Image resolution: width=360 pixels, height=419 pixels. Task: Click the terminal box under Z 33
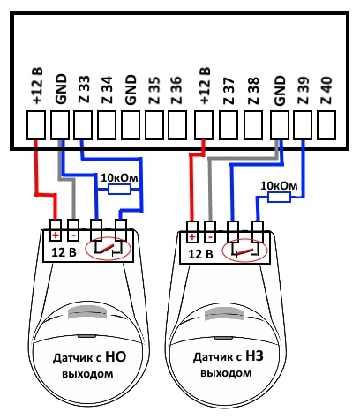[83, 124]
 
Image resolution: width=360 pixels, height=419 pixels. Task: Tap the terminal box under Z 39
[303, 124]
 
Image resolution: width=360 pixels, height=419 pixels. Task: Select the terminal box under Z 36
[177, 124]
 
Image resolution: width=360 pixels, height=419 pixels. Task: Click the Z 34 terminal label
[107, 90]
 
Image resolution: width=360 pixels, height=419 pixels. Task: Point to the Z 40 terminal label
[326, 90]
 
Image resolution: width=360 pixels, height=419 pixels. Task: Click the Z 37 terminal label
[229, 91]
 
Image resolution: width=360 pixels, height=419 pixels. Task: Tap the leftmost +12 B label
[37, 86]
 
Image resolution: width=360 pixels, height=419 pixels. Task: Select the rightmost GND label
[280, 91]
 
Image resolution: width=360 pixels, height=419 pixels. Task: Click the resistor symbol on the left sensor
[119, 190]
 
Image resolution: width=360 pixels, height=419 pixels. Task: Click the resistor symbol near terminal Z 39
[280, 198]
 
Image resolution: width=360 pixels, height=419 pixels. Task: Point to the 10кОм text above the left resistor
[119, 178]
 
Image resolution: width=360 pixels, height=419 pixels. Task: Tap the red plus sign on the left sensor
[56, 236]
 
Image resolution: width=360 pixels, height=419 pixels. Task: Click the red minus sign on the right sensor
[210, 237]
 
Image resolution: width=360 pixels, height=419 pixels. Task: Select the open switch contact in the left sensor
[108, 250]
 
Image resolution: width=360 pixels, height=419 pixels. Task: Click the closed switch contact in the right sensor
[245, 251]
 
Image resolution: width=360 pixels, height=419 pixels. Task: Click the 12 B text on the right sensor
[200, 254]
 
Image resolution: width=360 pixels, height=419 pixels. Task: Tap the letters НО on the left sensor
[116, 356]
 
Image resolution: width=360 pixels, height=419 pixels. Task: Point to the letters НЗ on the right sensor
[253, 356]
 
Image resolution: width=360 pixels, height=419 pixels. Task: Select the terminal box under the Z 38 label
[253, 124]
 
